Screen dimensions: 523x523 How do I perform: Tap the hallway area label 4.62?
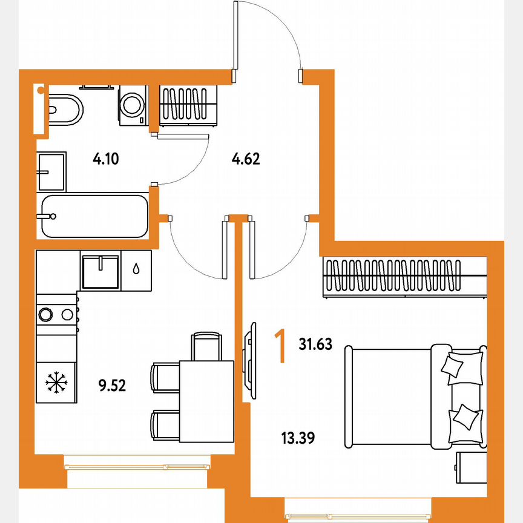tap(246, 160)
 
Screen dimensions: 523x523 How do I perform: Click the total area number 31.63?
tap(315, 344)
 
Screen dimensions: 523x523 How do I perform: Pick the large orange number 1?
tap(280, 346)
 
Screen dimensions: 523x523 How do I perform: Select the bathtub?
tap(94, 216)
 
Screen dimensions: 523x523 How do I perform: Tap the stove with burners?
tap(57, 314)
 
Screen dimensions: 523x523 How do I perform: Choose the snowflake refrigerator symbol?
tap(56, 381)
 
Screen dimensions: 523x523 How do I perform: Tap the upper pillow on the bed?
tap(454, 366)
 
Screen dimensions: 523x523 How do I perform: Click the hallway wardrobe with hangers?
tap(188, 105)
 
